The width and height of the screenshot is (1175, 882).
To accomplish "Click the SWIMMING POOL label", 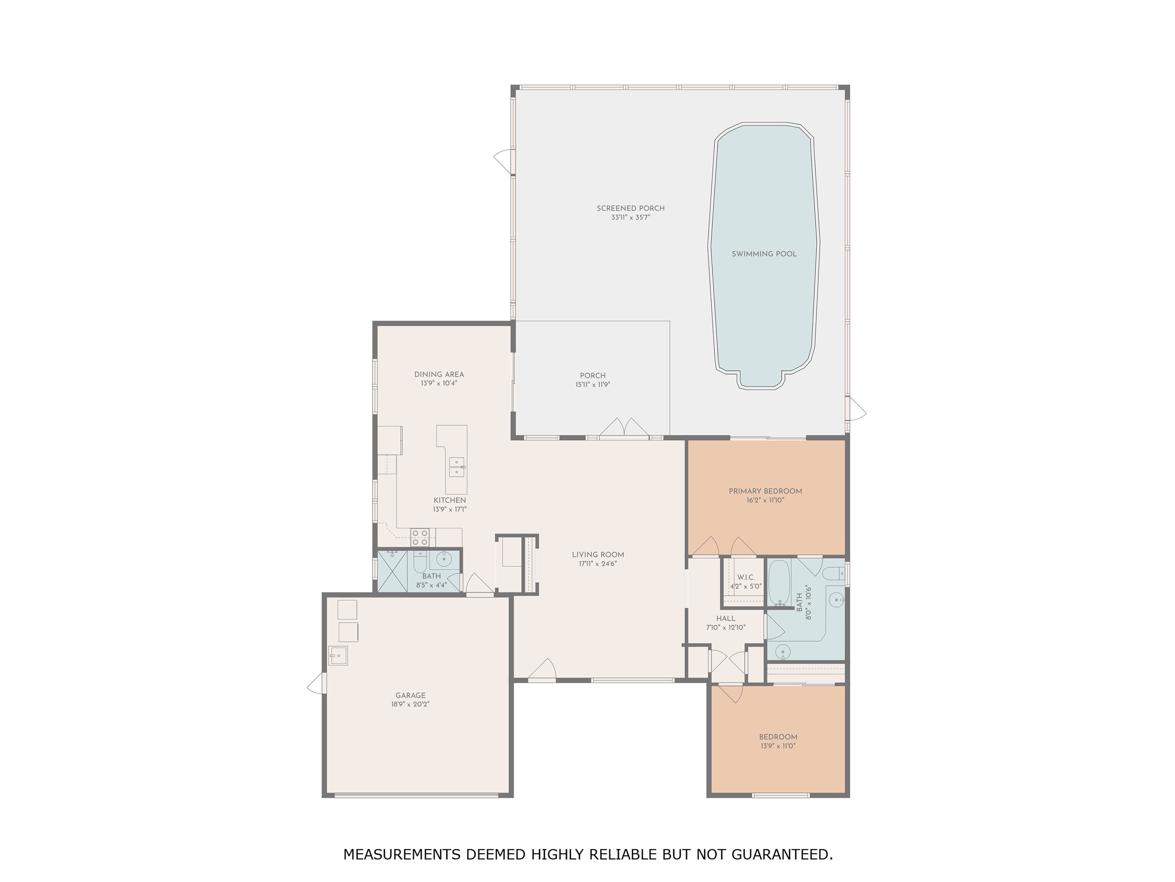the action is click(x=764, y=254).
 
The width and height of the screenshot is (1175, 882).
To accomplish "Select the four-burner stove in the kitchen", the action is click(x=420, y=537).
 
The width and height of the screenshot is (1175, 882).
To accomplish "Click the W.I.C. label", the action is click(x=746, y=577).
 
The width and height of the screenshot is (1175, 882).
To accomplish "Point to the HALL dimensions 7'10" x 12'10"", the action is click(x=726, y=627).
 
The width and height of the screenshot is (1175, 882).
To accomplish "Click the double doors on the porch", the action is click(x=625, y=428).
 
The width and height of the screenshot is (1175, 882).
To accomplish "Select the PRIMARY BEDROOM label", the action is click(x=765, y=491).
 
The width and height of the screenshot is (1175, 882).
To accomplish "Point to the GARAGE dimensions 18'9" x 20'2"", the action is click(x=410, y=704).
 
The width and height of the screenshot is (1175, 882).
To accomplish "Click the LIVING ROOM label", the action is click(x=598, y=555).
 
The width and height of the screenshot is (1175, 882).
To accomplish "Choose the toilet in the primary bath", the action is click(x=834, y=574).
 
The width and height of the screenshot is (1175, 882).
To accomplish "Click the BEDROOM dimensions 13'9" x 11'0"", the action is click(x=778, y=746).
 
